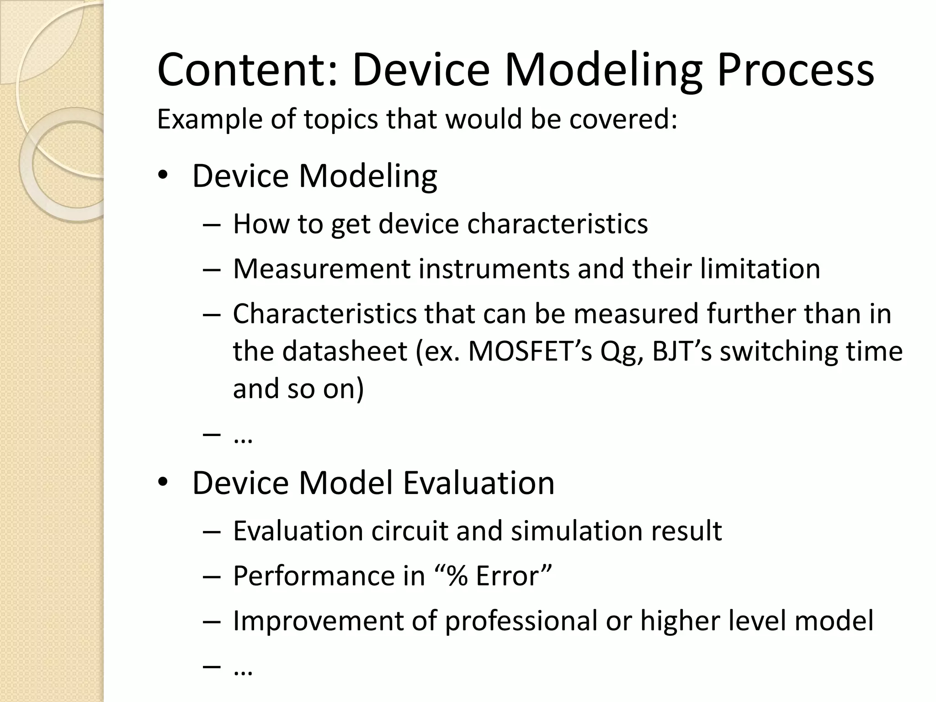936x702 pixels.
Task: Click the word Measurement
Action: tap(322, 269)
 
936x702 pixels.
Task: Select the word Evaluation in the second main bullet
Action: tap(479, 483)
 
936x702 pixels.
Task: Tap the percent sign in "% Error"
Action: tap(457, 576)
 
